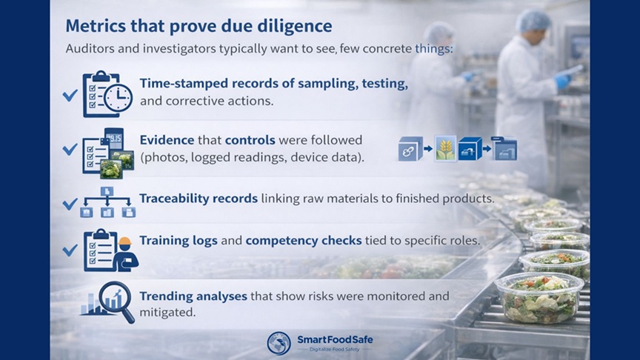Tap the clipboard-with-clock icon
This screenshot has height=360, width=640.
[107, 93]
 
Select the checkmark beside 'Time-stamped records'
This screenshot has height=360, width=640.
[70, 96]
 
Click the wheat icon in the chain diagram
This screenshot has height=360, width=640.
[445, 149]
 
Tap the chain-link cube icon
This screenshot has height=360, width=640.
[410, 149]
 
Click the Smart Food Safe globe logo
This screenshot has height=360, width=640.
[279, 342]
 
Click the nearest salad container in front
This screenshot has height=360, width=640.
[539, 296]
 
